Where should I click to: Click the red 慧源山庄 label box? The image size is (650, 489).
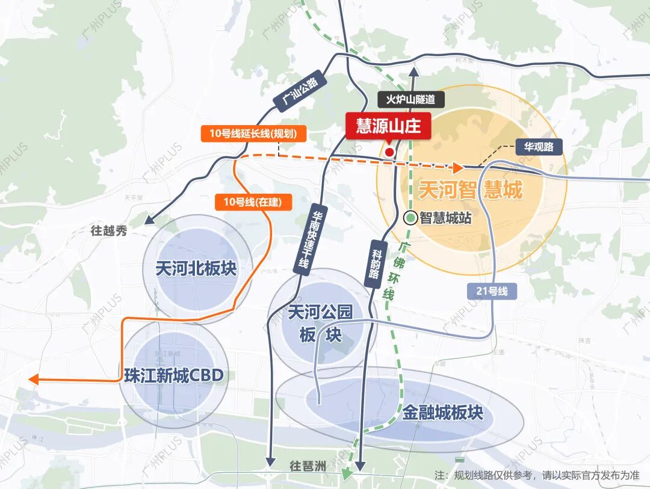(x=388, y=126)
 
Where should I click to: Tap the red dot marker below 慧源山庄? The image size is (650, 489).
(x=389, y=152)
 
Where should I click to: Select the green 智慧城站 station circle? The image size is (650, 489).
(x=410, y=218)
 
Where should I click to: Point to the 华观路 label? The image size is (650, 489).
(x=539, y=146)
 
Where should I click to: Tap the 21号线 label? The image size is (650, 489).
(x=491, y=292)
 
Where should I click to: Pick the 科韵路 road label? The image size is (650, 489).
(x=374, y=265)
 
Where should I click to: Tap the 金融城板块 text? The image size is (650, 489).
(x=442, y=413)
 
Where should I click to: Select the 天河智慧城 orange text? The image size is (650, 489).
(x=470, y=190)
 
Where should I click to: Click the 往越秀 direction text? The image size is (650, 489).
(x=109, y=231)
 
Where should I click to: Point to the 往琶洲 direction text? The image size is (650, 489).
(x=308, y=466)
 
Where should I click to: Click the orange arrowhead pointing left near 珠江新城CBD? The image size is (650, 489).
(x=34, y=379)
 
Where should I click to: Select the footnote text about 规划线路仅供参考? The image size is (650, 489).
(x=537, y=475)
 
